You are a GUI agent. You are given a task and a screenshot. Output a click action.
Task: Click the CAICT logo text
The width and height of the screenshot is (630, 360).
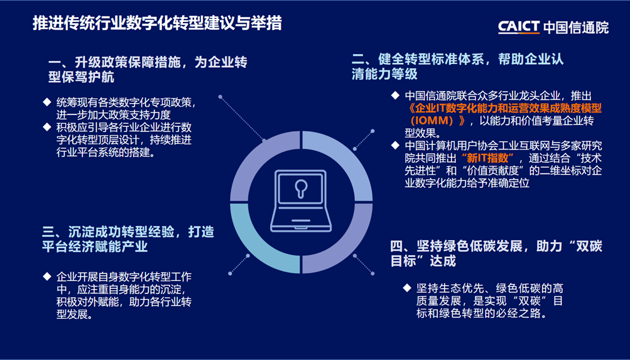(519, 26)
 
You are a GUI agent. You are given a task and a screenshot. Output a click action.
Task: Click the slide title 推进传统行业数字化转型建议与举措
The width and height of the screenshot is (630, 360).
(157, 23)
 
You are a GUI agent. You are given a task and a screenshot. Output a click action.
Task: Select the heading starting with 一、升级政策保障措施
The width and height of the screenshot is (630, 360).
(148, 70)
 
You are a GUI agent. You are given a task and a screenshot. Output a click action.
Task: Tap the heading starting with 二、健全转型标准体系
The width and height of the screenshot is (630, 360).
(458, 67)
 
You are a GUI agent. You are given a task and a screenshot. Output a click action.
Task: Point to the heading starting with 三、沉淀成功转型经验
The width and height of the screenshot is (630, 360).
(128, 239)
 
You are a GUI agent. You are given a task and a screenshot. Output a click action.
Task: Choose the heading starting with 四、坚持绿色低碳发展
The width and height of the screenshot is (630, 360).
(497, 254)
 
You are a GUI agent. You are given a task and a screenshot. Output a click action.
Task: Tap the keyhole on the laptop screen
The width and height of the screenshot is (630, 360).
(301, 188)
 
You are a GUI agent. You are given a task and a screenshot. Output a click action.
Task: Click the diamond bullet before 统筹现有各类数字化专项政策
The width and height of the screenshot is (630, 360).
(47, 102)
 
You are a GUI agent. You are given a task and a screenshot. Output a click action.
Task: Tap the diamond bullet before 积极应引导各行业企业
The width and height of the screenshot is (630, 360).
(47, 128)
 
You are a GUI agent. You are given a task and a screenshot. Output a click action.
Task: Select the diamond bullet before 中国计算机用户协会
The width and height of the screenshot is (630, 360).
(396, 145)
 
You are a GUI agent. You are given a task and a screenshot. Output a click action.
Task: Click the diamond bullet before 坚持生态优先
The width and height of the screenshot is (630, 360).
(408, 288)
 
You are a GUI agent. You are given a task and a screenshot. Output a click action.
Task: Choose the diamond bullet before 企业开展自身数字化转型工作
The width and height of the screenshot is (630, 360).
(47, 276)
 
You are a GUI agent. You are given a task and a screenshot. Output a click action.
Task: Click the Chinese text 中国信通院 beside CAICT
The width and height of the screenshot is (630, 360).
(576, 26)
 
